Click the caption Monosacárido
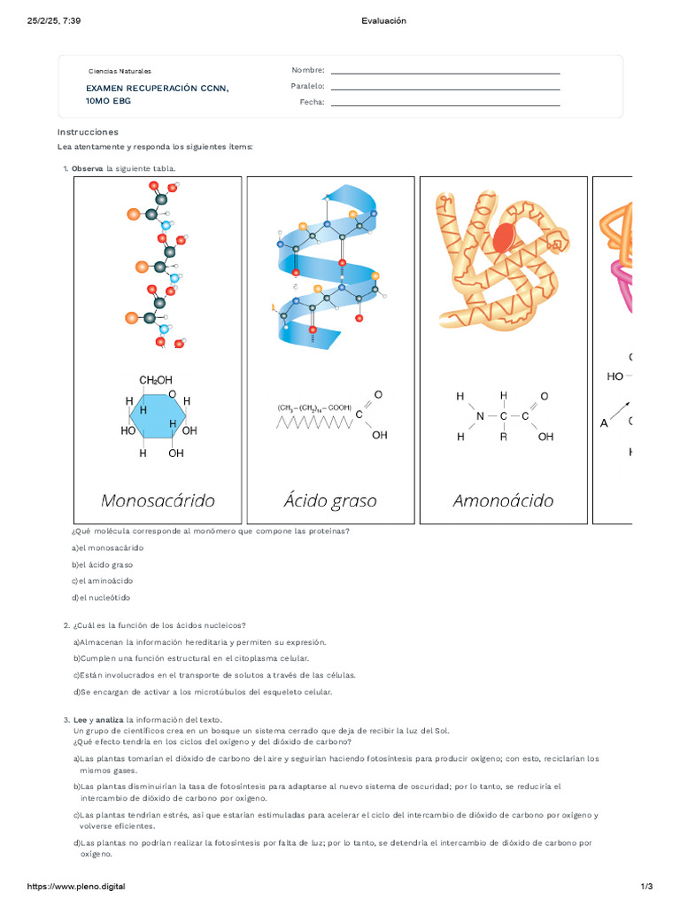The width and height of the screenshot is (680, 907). point(158,500)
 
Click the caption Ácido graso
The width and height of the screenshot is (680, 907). point(330,500)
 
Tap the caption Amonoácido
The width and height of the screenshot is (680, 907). point(503,500)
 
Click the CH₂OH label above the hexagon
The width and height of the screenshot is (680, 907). point(156,380)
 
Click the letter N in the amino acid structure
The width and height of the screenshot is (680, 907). point(480,415)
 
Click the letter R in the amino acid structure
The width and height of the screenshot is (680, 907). point(504,437)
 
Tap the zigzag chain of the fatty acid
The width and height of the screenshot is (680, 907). point(314,422)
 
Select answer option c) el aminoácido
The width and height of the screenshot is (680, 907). point(102,581)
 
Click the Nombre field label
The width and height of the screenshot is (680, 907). point(308,70)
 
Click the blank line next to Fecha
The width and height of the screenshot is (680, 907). point(444,105)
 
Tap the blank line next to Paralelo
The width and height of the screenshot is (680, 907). point(444,88)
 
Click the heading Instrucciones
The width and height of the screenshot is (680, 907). point(88,132)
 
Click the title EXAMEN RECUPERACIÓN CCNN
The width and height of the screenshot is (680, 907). point(157,89)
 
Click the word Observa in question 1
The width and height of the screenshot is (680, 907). point(88,168)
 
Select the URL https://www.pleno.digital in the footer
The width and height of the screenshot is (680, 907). point(76,887)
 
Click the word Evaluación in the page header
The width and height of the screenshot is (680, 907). point(384,20)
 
